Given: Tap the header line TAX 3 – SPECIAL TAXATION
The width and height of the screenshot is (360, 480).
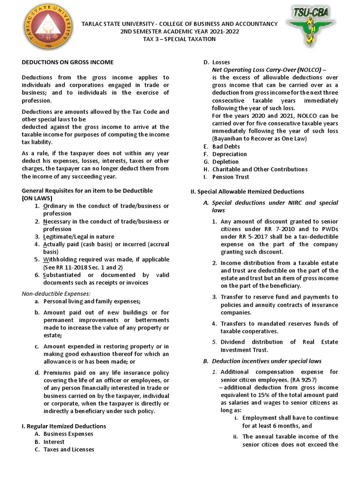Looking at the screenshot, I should (180, 39).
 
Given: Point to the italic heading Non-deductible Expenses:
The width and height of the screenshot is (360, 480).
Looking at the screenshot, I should (57, 293).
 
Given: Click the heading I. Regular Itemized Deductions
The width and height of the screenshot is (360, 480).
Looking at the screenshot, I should (64, 426).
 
